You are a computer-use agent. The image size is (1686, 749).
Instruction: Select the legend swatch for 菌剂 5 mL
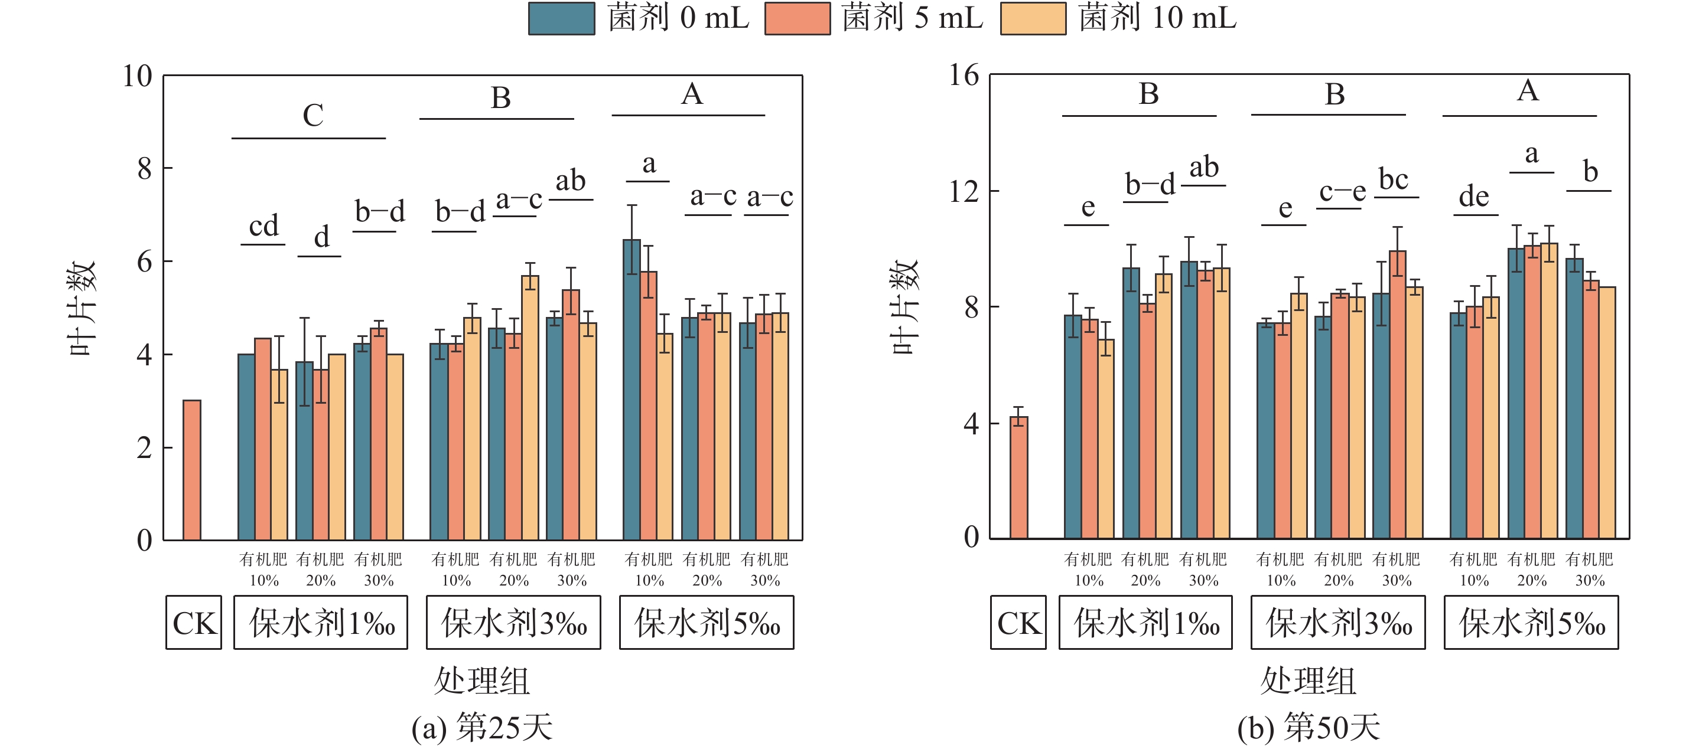[x=797, y=18]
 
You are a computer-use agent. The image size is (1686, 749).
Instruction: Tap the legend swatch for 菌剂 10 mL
[x=1033, y=18]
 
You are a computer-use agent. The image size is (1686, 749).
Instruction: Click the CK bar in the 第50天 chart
[x=1018, y=477]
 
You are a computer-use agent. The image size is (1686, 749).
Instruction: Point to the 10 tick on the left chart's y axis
[x=138, y=76]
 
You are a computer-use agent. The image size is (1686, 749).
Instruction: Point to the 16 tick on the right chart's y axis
[x=964, y=75]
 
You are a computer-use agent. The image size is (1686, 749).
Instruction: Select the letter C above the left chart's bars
[x=313, y=116]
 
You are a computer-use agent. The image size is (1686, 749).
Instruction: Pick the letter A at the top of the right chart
[x=1528, y=91]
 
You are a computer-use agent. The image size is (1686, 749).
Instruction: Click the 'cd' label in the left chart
[x=263, y=226]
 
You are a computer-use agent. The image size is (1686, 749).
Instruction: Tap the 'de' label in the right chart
[x=1474, y=196]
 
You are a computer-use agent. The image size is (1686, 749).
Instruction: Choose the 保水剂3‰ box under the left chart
[x=513, y=622]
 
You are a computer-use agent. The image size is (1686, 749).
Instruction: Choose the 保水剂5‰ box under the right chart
[x=1531, y=622]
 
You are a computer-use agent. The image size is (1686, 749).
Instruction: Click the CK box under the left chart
[x=194, y=622]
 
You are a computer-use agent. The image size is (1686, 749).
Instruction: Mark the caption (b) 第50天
[x=1309, y=727]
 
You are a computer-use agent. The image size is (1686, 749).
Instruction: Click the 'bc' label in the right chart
[x=1394, y=179]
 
